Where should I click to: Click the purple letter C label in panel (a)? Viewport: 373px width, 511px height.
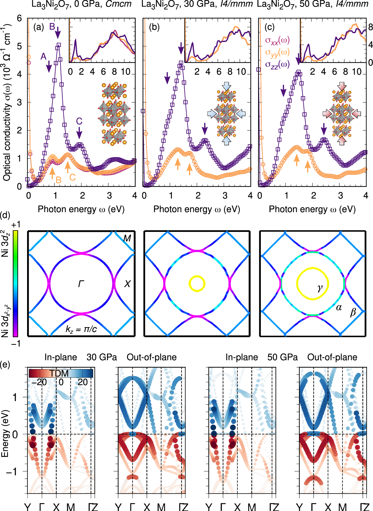click(79, 121)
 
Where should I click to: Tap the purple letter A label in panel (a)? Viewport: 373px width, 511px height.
click(43, 57)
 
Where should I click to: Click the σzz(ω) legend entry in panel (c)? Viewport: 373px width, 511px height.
click(277, 64)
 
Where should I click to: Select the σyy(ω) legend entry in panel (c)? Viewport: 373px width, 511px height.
click(277, 52)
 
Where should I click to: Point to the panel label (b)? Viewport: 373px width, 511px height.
click(154, 27)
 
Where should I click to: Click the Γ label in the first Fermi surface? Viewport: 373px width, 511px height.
click(81, 284)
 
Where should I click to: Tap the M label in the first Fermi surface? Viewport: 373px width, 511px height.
click(127, 238)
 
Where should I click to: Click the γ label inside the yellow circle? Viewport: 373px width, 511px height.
click(320, 288)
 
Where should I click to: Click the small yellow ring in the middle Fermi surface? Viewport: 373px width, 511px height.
click(197, 283)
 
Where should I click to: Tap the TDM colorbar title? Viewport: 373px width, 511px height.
click(59, 374)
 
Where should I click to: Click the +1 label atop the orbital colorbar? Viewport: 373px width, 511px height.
click(16, 224)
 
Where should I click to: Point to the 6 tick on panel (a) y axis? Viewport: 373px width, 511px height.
click(19, 18)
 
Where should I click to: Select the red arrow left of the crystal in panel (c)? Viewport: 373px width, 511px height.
click(328, 113)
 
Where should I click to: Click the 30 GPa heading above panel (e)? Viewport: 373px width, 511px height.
click(102, 357)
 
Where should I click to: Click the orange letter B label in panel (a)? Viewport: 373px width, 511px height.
click(58, 180)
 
